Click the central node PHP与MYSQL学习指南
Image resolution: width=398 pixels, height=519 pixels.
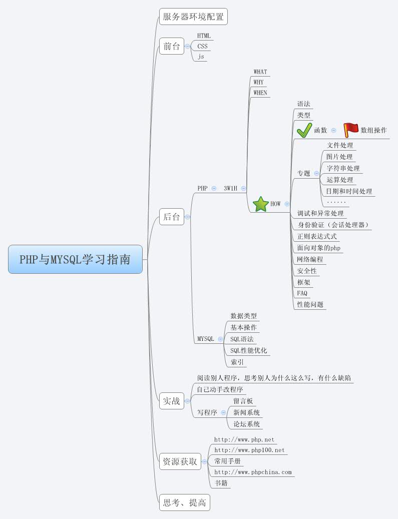pyautogui.click(x=75, y=259)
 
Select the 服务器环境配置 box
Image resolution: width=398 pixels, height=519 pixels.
pyautogui.click(x=193, y=17)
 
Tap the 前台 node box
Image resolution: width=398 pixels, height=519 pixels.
pyautogui.click(x=171, y=47)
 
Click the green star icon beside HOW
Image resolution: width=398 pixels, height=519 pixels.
pyautogui.click(x=260, y=204)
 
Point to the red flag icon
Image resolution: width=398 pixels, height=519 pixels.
pyautogui.click(x=350, y=130)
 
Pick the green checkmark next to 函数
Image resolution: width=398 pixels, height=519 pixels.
pyautogui.click(x=304, y=130)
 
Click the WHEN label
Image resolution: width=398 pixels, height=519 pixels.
pyautogui.click(x=260, y=93)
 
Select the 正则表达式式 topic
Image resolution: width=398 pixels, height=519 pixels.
pyautogui.click(x=317, y=236)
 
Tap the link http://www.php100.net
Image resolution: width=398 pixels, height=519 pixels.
pyautogui.click(x=249, y=450)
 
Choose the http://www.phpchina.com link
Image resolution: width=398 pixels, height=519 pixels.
pyautogui.click(x=253, y=472)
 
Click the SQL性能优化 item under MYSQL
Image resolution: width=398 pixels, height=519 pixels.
pyautogui.click(x=248, y=350)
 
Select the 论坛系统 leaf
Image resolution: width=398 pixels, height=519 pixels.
pyautogui.click(x=246, y=424)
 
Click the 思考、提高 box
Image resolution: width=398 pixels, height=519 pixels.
pyautogui.click(x=184, y=502)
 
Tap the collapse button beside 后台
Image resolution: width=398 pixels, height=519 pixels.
pyautogui.click(x=188, y=217)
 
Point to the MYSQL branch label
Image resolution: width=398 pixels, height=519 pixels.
pyautogui.click(x=205, y=339)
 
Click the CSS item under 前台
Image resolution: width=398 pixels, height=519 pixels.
pyautogui.click(x=202, y=47)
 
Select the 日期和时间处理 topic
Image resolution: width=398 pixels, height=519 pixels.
pyautogui.click(x=349, y=191)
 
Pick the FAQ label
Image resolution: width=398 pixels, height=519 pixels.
pyautogui.click(x=302, y=293)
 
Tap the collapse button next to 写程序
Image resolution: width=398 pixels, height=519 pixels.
pyautogui.click(x=223, y=413)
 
